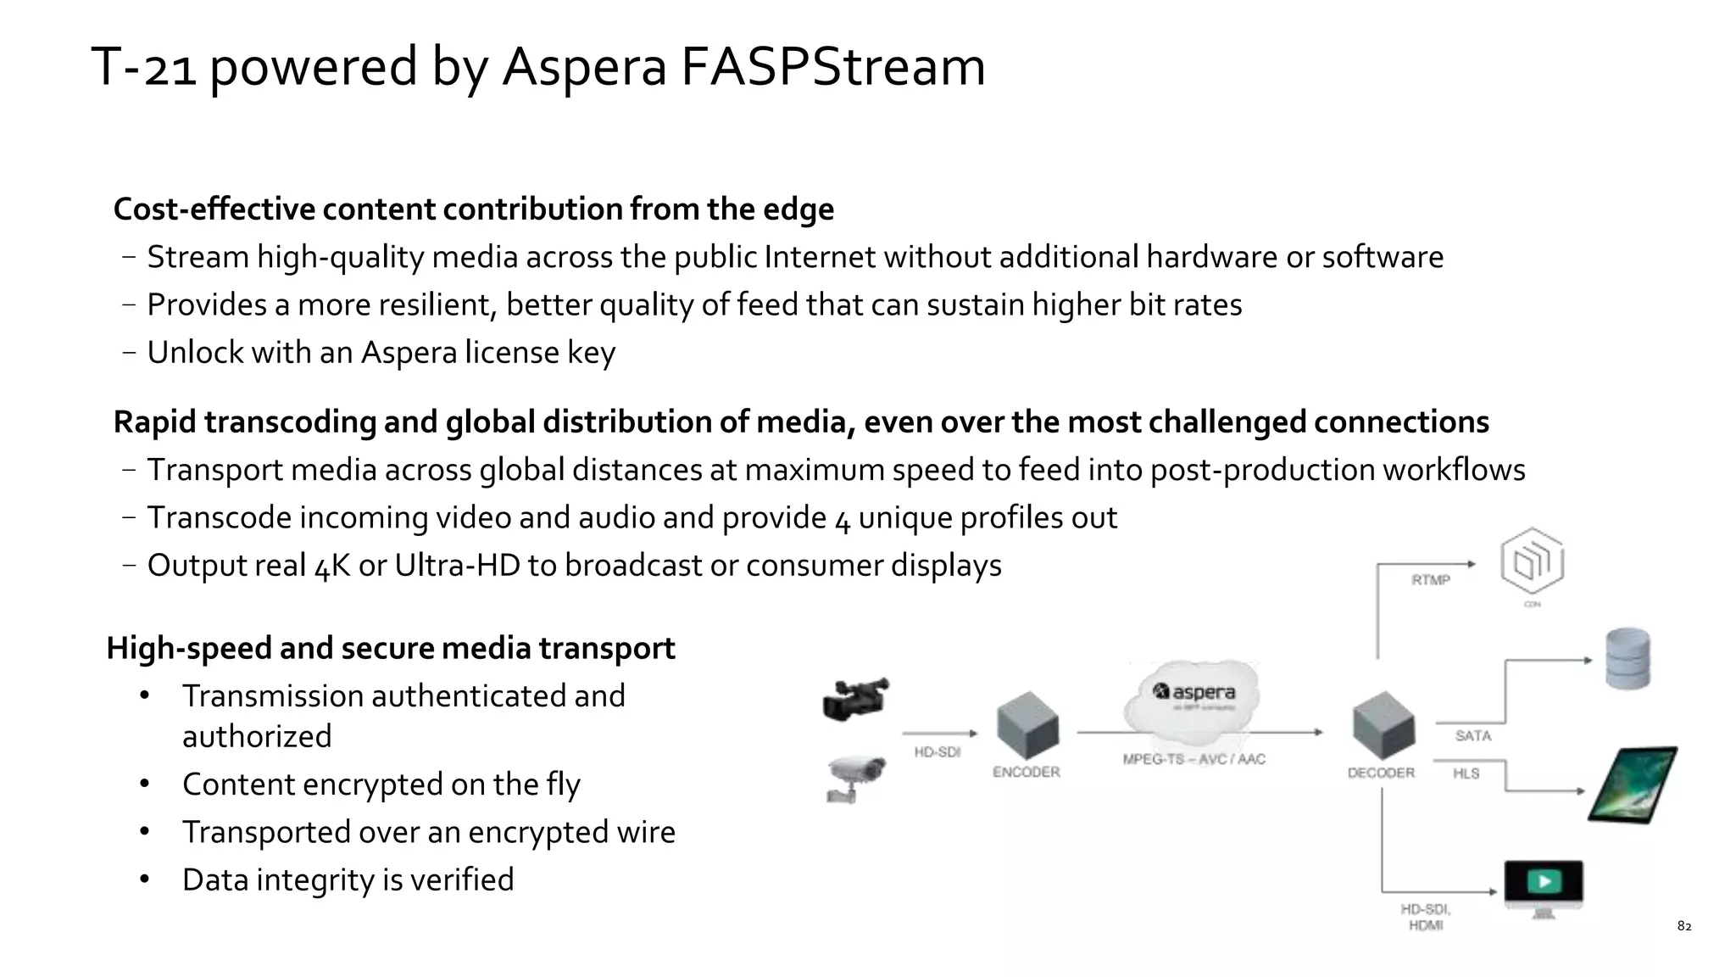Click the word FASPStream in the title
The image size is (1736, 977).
coord(832,67)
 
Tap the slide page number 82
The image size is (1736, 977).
coord(1684,926)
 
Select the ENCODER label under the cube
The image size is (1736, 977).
coord(1026,772)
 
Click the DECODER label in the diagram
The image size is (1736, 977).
coord(1381,773)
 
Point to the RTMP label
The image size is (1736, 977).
coord(1430,580)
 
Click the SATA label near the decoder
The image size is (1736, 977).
coord(1472,735)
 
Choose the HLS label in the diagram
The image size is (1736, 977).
coord(1466,773)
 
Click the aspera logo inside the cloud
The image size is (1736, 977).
coord(1194,692)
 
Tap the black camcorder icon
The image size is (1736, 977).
coord(855,699)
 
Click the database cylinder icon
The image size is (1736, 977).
coord(1627,658)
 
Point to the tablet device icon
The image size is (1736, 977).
coord(1633,784)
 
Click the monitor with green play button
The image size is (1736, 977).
coord(1544,885)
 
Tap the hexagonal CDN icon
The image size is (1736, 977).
coord(1532,561)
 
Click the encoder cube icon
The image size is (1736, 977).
coord(1027,724)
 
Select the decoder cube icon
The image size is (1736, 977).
coord(1383,724)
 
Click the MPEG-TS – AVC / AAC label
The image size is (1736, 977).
coord(1193,759)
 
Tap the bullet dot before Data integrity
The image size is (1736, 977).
coord(145,879)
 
